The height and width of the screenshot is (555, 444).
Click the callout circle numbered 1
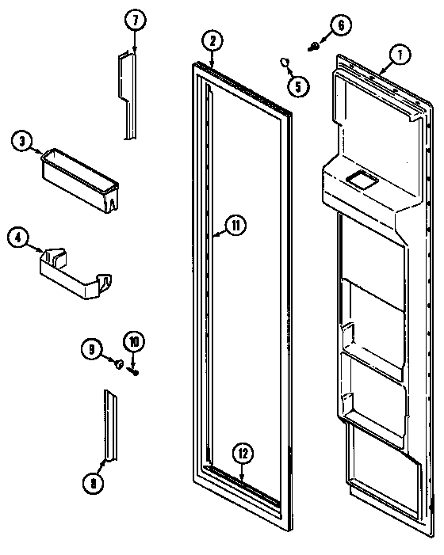coord(400,55)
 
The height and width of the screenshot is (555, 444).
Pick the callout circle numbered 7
coord(133,21)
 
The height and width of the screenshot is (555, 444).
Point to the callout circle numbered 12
coord(243,454)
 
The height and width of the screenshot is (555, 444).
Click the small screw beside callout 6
coord(316,47)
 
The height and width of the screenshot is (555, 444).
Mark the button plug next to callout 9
coord(118,365)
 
